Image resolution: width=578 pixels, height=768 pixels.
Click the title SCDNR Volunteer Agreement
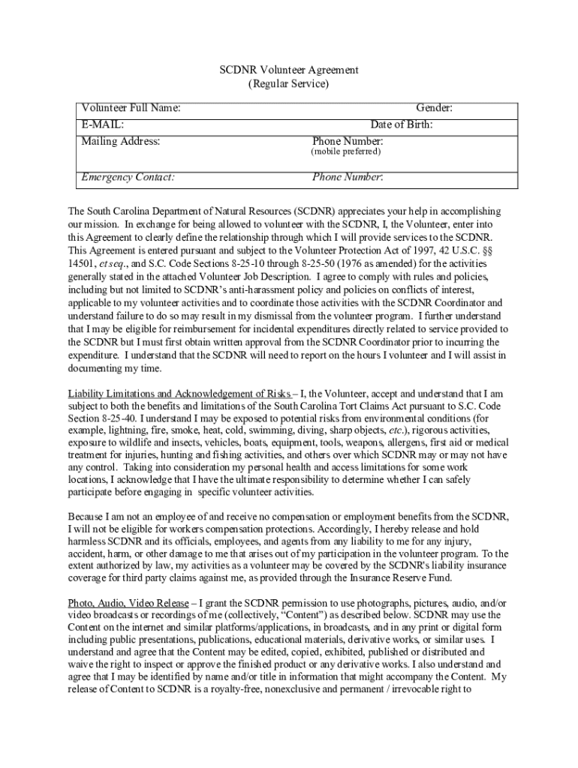click(288, 70)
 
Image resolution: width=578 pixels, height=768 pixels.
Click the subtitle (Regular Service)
click(288, 84)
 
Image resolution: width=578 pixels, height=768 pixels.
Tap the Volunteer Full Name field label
click(131, 109)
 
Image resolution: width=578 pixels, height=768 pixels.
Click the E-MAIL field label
click(103, 124)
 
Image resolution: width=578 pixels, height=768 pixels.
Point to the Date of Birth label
click(401, 124)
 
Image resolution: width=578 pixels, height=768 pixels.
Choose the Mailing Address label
click(121, 141)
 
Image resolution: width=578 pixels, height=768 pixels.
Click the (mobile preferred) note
click(346, 151)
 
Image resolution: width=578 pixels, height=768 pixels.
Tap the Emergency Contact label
click(128, 178)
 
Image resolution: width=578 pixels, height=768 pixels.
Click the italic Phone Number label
click(348, 178)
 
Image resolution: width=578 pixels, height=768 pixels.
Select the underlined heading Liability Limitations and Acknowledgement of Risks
click(179, 394)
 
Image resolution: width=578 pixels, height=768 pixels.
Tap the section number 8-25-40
click(114, 418)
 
